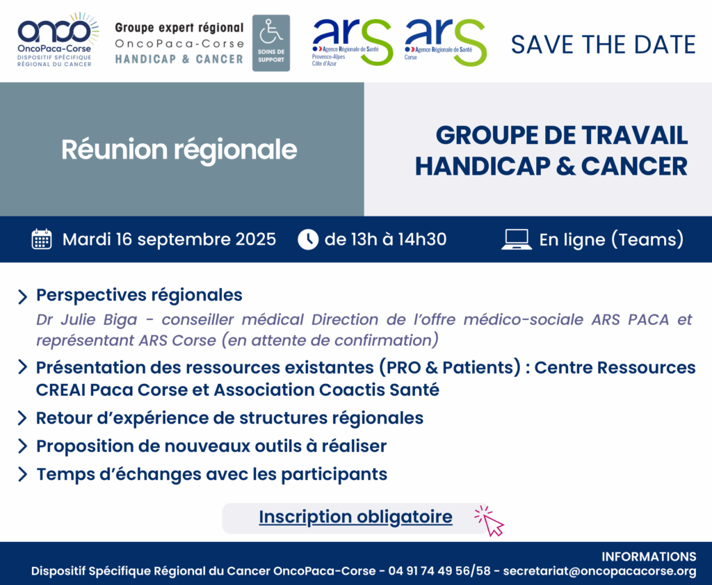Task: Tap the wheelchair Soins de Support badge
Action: pyautogui.click(x=271, y=43)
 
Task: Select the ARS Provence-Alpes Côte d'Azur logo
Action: pyautogui.click(x=352, y=42)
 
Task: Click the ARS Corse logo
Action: pyautogui.click(x=446, y=42)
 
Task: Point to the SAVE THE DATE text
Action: pyautogui.click(x=603, y=45)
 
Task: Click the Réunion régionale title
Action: pyautogui.click(x=179, y=150)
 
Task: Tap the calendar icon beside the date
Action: pyautogui.click(x=41, y=239)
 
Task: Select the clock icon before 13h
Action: pyautogui.click(x=308, y=239)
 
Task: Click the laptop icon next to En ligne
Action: pyautogui.click(x=517, y=239)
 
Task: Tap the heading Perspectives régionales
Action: pyautogui.click(x=139, y=295)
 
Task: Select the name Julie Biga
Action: pyautogui.click(x=99, y=319)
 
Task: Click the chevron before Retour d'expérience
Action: pyautogui.click(x=22, y=418)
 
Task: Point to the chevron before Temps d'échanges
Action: pyautogui.click(x=22, y=474)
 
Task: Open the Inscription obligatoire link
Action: pyautogui.click(x=355, y=517)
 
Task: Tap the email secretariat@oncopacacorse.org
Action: pyautogui.click(x=599, y=571)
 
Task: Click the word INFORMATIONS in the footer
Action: pyautogui.click(x=649, y=556)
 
